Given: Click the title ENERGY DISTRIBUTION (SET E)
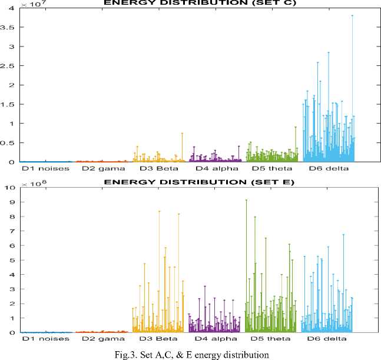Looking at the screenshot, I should (x=196, y=182).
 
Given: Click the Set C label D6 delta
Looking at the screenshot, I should (x=328, y=168).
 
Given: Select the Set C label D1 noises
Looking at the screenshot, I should (x=45, y=168).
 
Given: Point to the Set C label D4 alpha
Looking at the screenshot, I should (x=214, y=168).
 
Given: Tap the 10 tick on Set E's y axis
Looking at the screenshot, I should (x=9, y=188).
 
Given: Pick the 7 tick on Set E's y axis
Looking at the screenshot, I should (x=12, y=231).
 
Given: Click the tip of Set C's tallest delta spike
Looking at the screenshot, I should (x=352, y=16).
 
